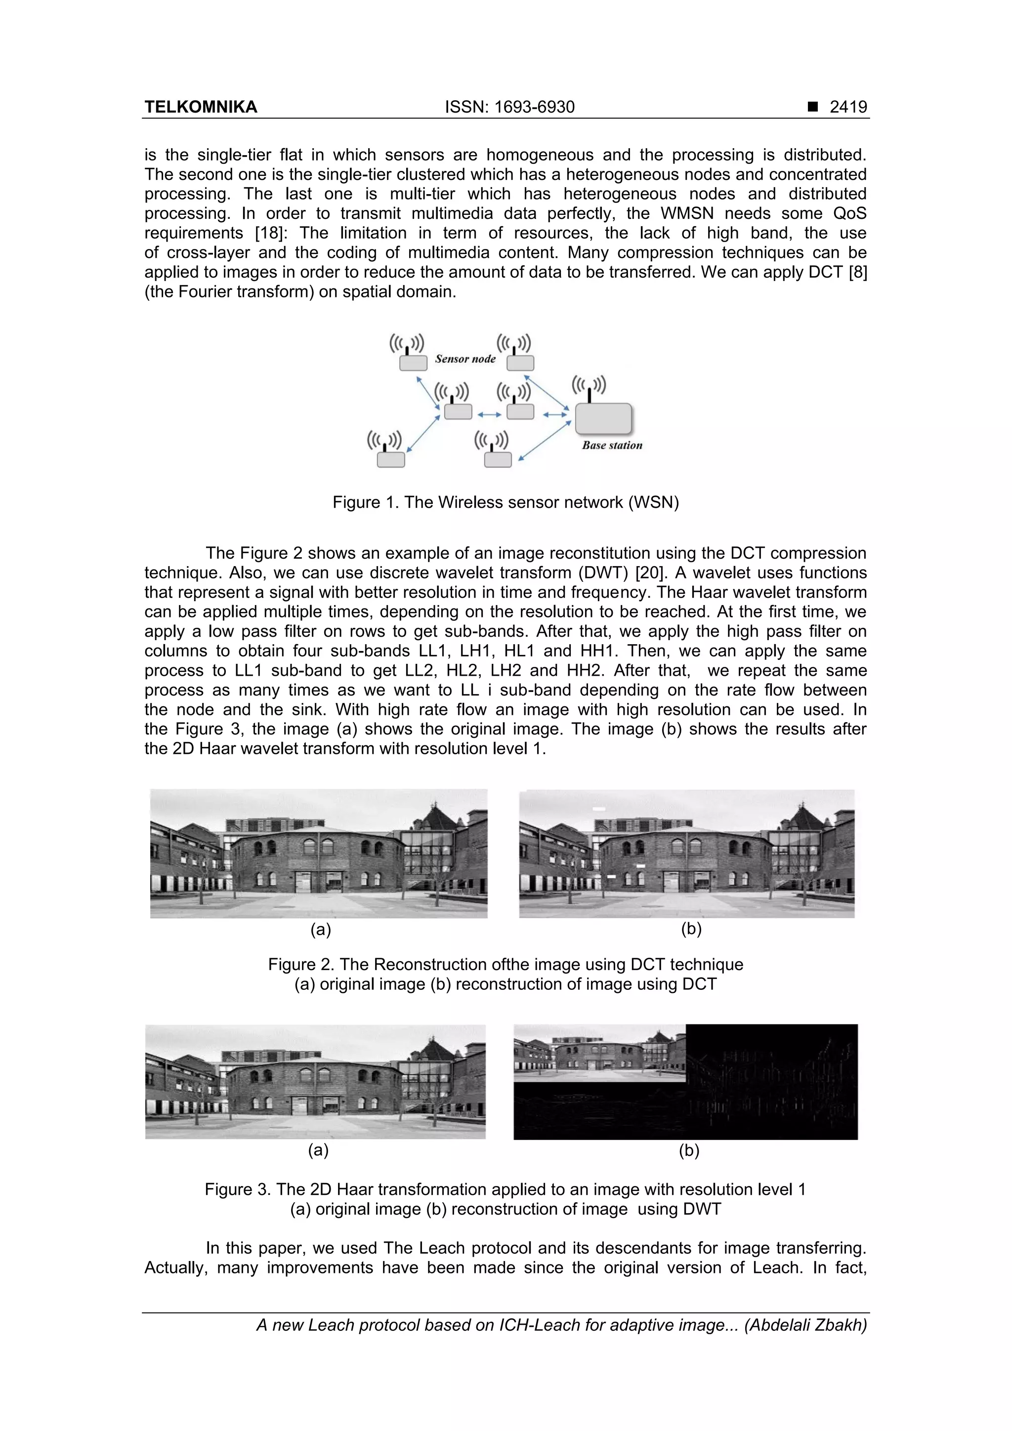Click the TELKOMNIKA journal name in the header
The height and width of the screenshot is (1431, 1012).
[x=201, y=107]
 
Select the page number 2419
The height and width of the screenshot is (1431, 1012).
[x=848, y=107]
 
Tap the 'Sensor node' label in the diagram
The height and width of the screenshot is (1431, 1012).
[x=465, y=359]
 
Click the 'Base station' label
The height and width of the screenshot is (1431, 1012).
[x=612, y=446]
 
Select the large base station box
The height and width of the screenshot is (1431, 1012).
[x=603, y=419]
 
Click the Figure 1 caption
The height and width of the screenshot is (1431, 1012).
[x=505, y=502]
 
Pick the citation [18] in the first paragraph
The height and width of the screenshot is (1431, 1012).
[x=269, y=233]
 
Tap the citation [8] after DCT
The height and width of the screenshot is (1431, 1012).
[x=857, y=272]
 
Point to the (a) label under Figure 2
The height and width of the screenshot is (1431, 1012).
[x=321, y=930]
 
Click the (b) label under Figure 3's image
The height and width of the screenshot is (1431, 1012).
[x=688, y=1150]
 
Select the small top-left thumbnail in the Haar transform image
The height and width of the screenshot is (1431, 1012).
[x=599, y=1053]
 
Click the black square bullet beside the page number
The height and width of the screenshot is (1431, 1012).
[x=812, y=107]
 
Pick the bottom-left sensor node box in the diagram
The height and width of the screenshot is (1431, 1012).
[x=391, y=460]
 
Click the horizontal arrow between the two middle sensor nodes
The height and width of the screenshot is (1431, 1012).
[x=490, y=414]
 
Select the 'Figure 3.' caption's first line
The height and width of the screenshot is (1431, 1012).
[x=505, y=1190]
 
